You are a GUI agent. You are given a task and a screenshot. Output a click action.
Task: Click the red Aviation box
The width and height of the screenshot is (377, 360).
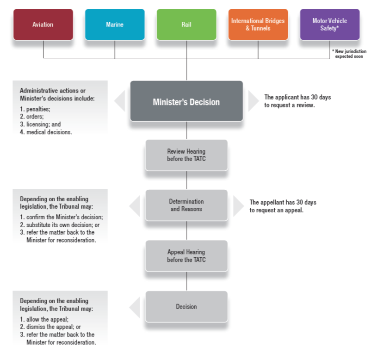(x=43, y=25)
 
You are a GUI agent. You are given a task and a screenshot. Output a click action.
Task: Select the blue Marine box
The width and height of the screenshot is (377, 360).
(x=115, y=25)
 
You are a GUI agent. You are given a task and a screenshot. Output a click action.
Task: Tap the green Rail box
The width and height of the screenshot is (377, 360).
(x=186, y=25)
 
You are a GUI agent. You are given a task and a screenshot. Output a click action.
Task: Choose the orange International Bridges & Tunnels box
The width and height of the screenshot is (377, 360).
(x=258, y=25)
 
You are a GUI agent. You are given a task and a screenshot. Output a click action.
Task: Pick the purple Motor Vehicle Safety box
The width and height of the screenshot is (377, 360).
(x=329, y=25)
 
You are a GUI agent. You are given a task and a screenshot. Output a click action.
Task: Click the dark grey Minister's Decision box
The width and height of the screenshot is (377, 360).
(x=186, y=101)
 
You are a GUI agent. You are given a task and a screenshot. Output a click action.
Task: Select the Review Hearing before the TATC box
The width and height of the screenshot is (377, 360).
(x=186, y=155)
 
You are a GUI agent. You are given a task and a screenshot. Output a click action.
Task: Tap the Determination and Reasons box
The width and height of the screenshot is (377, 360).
(x=186, y=205)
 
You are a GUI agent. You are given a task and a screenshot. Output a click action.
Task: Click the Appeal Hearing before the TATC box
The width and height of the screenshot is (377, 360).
(x=186, y=256)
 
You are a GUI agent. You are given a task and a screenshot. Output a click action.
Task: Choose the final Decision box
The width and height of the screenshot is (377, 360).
(x=186, y=306)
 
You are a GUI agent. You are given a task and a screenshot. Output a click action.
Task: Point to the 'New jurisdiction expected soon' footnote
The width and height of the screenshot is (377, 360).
(x=349, y=54)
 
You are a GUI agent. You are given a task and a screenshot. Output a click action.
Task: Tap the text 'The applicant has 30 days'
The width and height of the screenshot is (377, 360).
(x=297, y=97)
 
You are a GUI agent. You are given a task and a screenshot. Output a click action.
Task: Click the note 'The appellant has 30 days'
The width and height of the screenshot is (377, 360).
(x=283, y=202)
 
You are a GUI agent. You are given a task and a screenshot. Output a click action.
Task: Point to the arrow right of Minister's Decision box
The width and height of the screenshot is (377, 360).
(x=253, y=101)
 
